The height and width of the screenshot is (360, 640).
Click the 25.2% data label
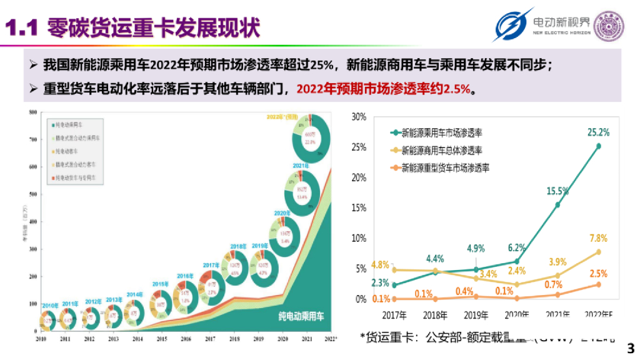click(598, 132)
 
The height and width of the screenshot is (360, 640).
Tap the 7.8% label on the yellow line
click(598, 238)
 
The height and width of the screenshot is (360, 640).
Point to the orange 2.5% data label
click(597, 274)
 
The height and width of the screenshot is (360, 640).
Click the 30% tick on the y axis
click(359, 116)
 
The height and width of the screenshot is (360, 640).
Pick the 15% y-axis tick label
click(359, 207)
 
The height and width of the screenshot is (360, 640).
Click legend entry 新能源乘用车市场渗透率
click(445, 132)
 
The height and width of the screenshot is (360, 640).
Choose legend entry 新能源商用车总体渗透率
click(445, 151)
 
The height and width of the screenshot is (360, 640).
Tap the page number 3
click(629, 347)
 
